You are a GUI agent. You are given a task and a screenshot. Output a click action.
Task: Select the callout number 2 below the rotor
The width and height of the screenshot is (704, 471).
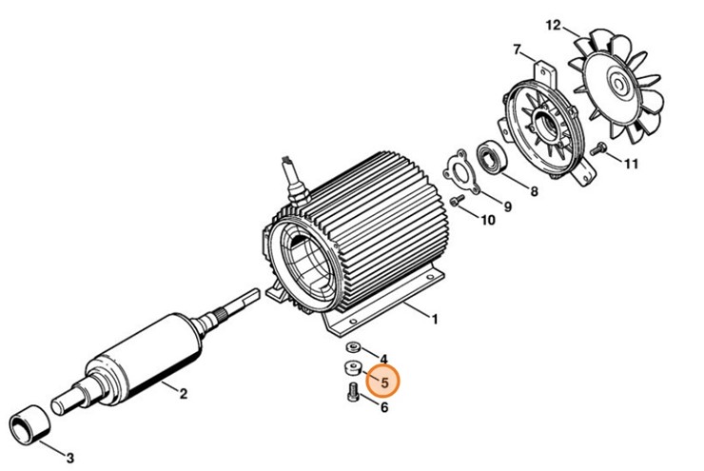[x=184, y=392]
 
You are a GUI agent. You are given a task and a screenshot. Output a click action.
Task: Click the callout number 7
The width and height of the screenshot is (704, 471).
[x=517, y=49]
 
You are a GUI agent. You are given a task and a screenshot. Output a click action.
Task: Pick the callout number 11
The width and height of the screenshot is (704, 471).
[x=632, y=164]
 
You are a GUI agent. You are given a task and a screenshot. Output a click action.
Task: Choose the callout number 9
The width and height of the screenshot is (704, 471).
[x=507, y=206]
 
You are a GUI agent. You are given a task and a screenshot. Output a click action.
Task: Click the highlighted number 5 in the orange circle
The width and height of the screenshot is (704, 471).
[x=385, y=383]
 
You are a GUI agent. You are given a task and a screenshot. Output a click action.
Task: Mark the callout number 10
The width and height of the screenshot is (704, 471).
[x=487, y=221]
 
